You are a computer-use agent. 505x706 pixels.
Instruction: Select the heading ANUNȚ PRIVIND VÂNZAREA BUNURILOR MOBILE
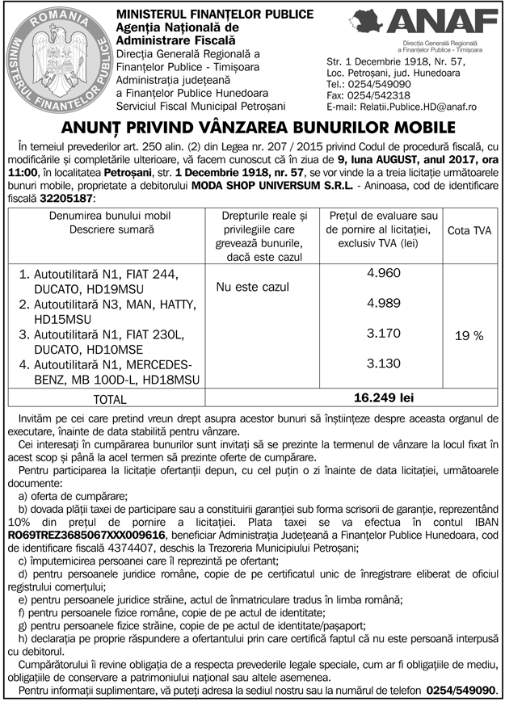pos(253,127)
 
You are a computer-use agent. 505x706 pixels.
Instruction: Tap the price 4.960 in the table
pos(383,273)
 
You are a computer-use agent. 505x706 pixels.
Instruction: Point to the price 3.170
pos(383,333)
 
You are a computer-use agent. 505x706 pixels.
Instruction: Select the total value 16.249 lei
pos(384,398)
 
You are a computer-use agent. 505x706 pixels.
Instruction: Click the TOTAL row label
pos(110,399)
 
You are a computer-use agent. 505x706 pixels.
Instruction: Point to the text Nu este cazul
pos(252,287)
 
